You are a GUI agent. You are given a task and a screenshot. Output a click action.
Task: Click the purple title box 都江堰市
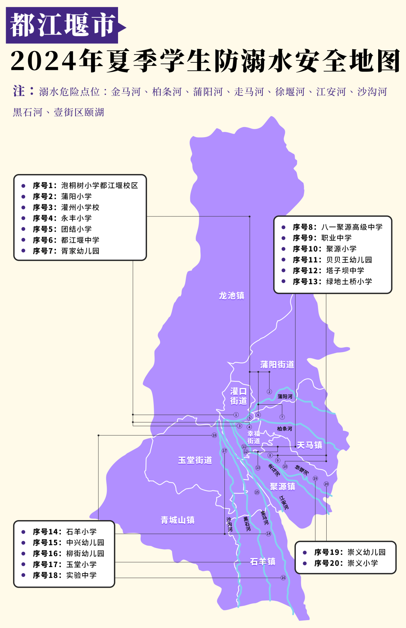pyautogui.click(x=62, y=25)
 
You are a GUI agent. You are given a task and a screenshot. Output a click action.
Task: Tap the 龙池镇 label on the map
pyautogui.click(x=232, y=296)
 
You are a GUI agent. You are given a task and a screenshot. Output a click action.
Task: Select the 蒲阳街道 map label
pyautogui.click(x=277, y=365)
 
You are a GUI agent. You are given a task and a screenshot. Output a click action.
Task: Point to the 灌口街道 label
pyautogui.click(x=238, y=396)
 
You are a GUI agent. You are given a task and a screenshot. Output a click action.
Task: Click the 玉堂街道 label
pyautogui.click(x=195, y=460)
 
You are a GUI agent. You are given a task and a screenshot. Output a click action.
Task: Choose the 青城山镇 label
pyautogui.click(x=177, y=520)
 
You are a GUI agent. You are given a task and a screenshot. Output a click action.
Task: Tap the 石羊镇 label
pyautogui.click(x=263, y=561)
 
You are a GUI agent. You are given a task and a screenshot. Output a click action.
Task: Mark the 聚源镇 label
pyautogui.click(x=282, y=487)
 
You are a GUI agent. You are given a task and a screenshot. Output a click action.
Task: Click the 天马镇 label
pyautogui.click(x=309, y=445)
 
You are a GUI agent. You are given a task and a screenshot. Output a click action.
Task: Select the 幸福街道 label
pyautogui.click(x=254, y=437)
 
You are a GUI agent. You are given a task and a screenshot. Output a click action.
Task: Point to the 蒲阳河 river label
pyautogui.click(x=285, y=396)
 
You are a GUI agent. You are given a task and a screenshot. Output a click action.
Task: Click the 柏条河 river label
pyautogui.click(x=284, y=428)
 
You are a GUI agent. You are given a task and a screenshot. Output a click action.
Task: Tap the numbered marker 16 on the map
pyautogui.click(x=283, y=578)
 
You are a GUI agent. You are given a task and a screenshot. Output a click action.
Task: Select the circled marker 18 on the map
pyautogui.click(x=214, y=435)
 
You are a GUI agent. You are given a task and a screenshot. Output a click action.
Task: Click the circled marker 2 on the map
pyautogui.click(x=269, y=392)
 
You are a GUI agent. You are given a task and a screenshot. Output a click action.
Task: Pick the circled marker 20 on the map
pyautogui.click(x=326, y=484)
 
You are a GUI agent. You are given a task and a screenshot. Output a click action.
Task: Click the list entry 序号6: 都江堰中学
pyautogui.click(x=66, y=240)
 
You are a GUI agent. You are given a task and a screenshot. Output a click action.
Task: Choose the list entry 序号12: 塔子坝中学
pyautogui.click(x=329, y=271)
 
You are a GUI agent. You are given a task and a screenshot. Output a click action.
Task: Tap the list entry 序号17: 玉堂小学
pyautogui.click(x=65, y=564)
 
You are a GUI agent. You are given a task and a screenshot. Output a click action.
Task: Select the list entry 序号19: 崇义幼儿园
pyautogui.click(x=350, y=552)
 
